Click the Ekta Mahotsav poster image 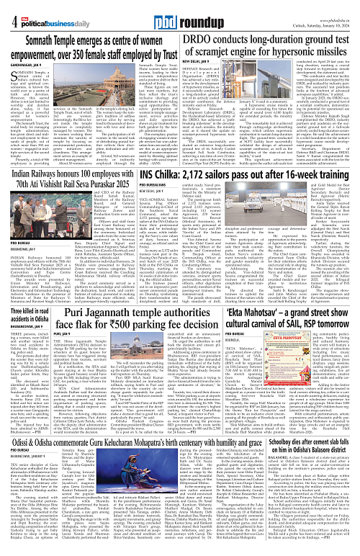click(x=327, y=393)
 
